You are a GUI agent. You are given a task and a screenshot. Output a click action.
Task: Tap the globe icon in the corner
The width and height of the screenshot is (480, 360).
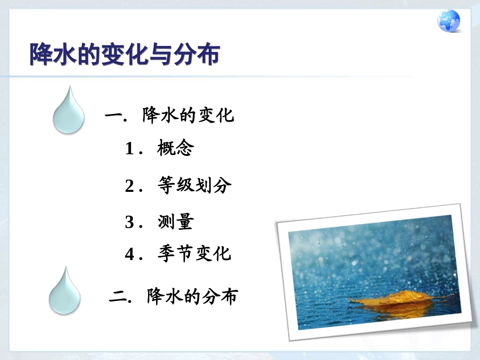(x=449, y=22)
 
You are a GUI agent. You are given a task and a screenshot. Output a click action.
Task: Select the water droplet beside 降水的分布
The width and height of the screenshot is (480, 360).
(x=64, y=291)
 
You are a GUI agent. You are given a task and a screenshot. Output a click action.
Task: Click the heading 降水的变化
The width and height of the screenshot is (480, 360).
(x=188, y=116)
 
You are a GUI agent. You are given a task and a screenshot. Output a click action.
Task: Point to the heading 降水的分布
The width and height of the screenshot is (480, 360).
(x=193, y=296)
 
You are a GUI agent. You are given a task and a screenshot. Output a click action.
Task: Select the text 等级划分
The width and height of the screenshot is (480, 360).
(x=195, y=186)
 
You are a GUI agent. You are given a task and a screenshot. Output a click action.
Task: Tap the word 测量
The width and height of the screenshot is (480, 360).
(x=175, y=222)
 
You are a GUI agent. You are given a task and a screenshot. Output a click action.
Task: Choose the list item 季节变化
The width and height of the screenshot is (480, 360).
(x=195, y=253)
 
